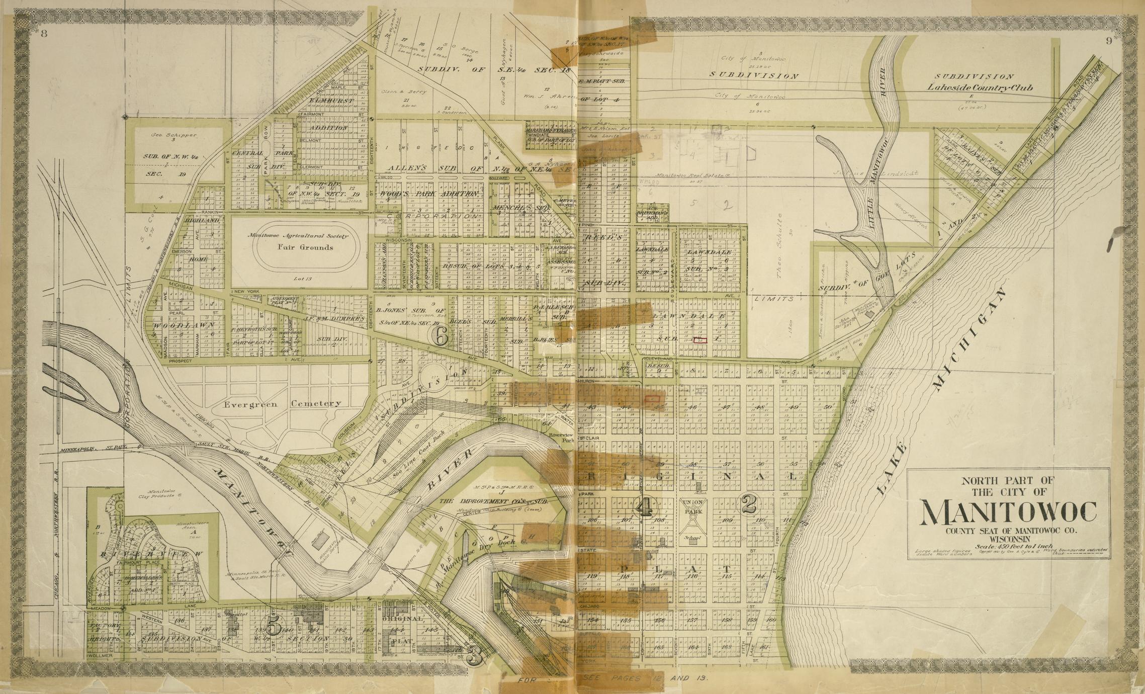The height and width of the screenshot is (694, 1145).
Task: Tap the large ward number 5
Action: (x=275, y=627)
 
